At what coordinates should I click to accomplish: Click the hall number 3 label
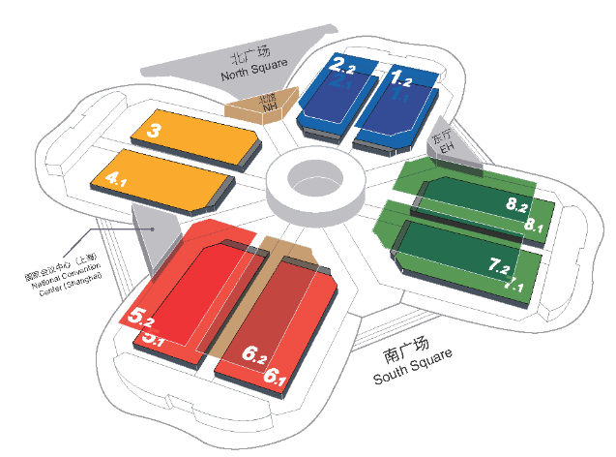point(155,130)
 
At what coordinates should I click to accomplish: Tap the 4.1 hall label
point(116,179)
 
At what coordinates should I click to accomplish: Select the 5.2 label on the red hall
point(143,316)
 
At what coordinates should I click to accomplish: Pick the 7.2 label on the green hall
point(503,264)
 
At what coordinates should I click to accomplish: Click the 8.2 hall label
point(515,204)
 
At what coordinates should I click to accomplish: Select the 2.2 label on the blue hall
point(344,66)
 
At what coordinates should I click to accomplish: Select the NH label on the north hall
point(269,107)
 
